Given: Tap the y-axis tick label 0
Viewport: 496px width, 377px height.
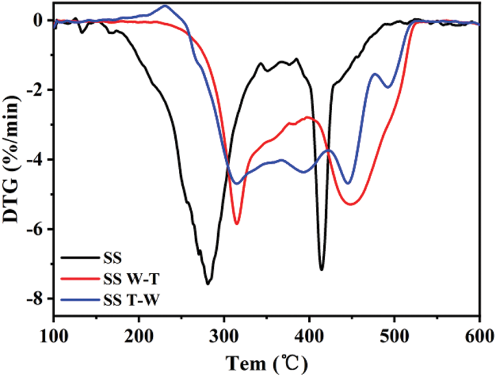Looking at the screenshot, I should coord(39,21).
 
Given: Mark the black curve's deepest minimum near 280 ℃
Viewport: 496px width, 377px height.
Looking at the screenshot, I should coord(207,284).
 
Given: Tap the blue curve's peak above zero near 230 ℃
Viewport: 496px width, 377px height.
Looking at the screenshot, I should coord(165,6).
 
